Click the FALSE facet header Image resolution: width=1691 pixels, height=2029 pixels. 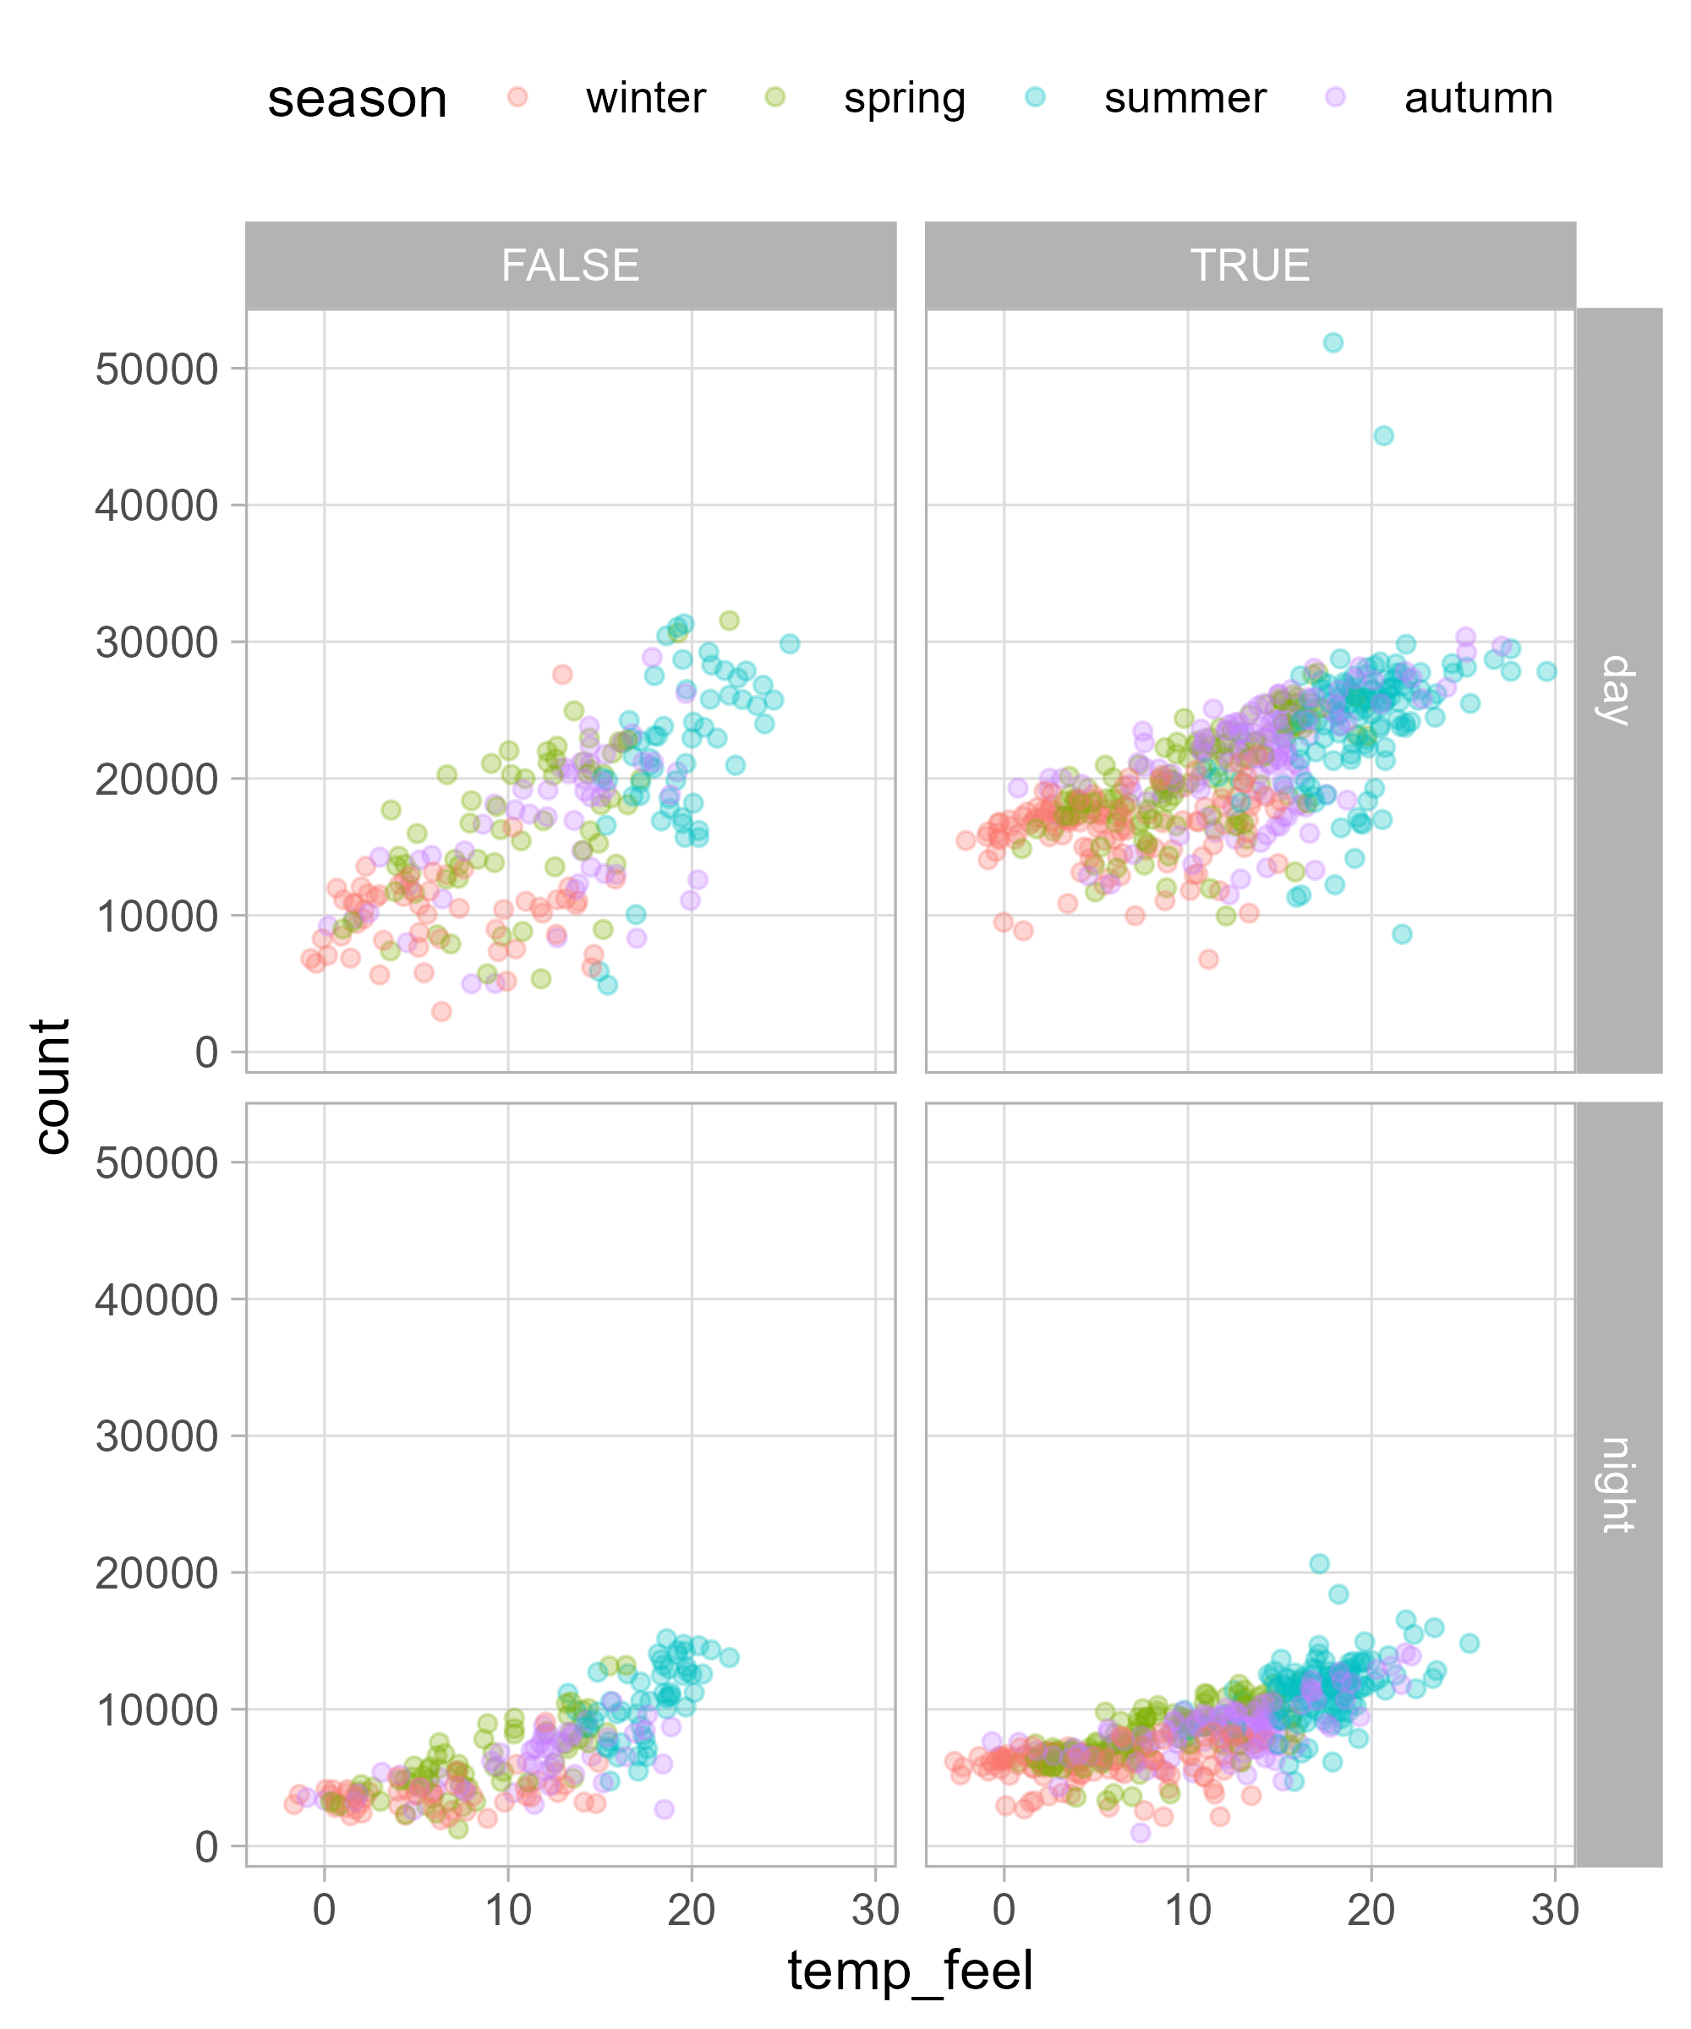click(x=570, y=265)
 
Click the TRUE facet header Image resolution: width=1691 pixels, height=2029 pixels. click(x=1250, y=265)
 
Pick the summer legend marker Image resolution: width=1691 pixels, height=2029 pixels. click(x=1036, y=96)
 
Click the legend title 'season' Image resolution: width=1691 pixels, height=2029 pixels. click(x=357, y=99)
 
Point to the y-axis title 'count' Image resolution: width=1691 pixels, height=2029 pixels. click(x=52, y=1086)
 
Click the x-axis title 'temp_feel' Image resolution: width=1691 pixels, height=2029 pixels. click(x=911, y=1971)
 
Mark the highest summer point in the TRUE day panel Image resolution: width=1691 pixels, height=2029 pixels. click(x=1333, y=343)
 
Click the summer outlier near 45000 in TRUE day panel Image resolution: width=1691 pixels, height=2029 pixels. click(x=1384, y=435)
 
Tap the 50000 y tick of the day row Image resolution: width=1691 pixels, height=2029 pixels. click(x=156, y=369)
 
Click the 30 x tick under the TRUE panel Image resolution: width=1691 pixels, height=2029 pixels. click(x=1555, y=1910)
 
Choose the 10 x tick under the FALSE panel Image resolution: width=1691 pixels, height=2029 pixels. click(x=508, y=1910)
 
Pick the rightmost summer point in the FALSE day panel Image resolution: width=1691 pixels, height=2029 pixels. click(x=790, y=643)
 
